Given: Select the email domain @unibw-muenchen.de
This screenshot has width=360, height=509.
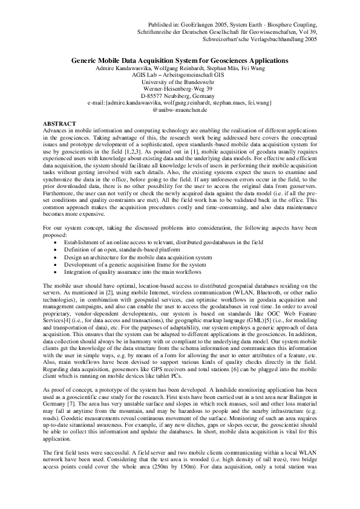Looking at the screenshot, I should [x=180, y=110].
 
